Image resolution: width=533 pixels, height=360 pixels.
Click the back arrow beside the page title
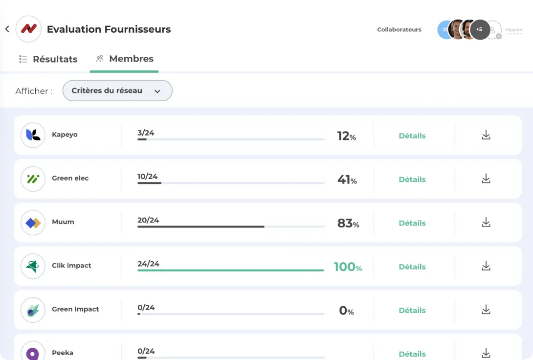coord(7,29)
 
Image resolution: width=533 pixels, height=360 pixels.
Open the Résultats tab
coord(48,59)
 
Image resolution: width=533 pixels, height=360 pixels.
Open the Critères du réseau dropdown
coord(117,90)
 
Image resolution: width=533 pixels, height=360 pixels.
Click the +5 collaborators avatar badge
coord(479,30)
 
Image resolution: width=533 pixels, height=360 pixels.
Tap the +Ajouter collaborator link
coord(513,30)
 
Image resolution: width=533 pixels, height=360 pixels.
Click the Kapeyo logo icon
coord(33,135)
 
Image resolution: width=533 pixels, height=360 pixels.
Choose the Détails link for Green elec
coord(412,180)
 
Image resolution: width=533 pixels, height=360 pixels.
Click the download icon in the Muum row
coord(486,223)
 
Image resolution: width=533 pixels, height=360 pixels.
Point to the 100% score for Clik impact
coord(348,267)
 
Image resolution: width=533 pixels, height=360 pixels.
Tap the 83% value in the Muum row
coord(348,224)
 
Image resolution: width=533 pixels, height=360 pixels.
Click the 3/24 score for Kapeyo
coord(146,133)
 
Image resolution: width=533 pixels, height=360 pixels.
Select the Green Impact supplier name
coord(75,309)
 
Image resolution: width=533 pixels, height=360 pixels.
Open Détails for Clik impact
coord(412,267)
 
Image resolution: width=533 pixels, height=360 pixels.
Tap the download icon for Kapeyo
coord(486,135)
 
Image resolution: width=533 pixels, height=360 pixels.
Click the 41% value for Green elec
coord(347,180)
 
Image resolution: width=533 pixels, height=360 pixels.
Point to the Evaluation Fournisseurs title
coord(109,29)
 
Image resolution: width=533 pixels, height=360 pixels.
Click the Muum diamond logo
coord(33,223)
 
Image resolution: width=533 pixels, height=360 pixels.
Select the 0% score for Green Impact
coord(346,311)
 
